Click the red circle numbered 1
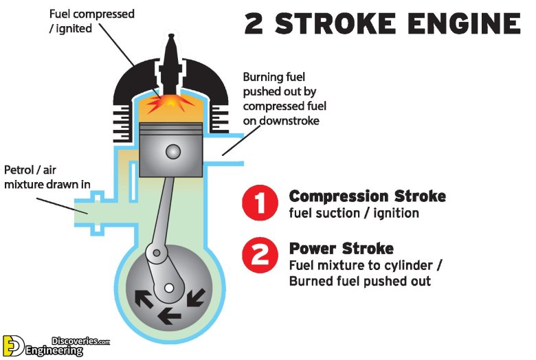pos(260,204)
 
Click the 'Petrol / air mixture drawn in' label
pos(47,177)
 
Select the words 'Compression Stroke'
pos(367,196)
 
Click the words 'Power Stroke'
pos(342,248)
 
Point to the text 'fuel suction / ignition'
pos(354,213)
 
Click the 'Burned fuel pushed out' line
pos(360,281)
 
